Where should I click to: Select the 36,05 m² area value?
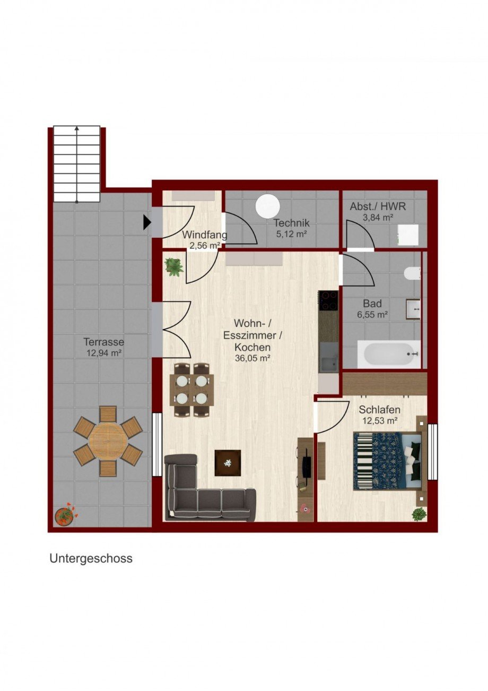tap(253, 358)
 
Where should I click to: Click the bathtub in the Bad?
tap(389, 354)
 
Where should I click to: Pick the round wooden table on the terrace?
tap(107, 442)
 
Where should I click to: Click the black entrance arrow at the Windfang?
tap(147, 222)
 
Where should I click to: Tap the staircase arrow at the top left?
tap(77, 165)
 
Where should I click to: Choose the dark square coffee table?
tap(228, 463)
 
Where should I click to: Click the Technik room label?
tap(291, 222)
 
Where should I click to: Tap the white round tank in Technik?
tap(267, 206)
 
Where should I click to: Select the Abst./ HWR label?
tap(378, 206)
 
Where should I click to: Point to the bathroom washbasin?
tap(413, 308)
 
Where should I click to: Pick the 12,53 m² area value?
tap(380, 421)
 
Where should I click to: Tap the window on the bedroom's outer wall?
tap(432, 452)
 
